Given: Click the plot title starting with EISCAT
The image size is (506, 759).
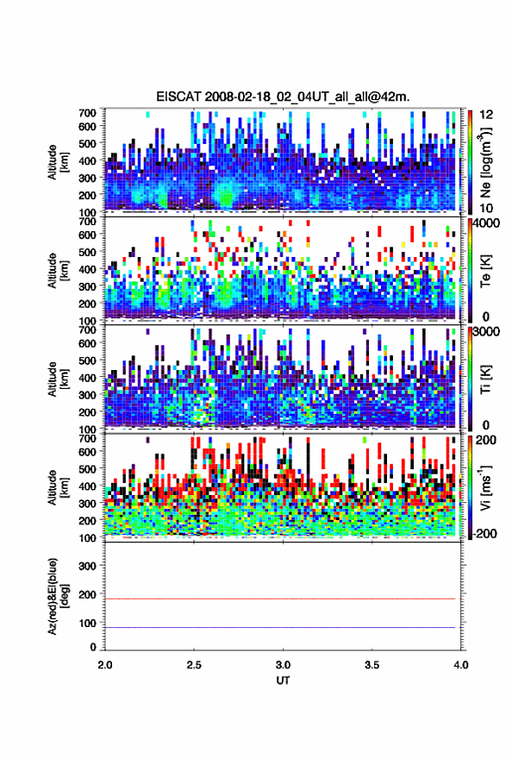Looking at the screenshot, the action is click(x=283, y=97).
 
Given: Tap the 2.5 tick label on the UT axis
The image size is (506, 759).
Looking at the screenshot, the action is click(x=194, y=665).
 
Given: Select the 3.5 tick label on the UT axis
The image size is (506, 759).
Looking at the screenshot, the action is click(x=372, y=665).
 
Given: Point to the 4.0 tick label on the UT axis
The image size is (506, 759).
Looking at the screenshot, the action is click(x=460, y=665).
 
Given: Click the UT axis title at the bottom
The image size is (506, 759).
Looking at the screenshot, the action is click(x=283, y=681).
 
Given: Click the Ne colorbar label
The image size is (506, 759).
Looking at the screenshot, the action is click(x=485, y=162).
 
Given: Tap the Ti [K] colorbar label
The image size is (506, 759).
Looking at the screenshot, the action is click(x=485, y=379).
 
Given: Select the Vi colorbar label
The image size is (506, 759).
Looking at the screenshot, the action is click(x=485, y=487).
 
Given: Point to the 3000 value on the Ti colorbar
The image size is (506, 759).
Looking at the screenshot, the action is click(x=487, y=331).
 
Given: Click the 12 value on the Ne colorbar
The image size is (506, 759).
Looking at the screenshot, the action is click(x=486, y=115).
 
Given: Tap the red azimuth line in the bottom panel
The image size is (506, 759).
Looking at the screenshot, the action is click(x=280, y=599).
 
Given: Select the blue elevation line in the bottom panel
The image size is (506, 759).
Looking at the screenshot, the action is click(x=280, y=627).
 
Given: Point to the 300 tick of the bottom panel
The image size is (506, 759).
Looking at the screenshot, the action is click(x=87, y=566).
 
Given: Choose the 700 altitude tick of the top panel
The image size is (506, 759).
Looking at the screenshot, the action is click(x=87, y=113).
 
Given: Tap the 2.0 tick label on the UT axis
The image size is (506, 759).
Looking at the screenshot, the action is click(x=105, y=665).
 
